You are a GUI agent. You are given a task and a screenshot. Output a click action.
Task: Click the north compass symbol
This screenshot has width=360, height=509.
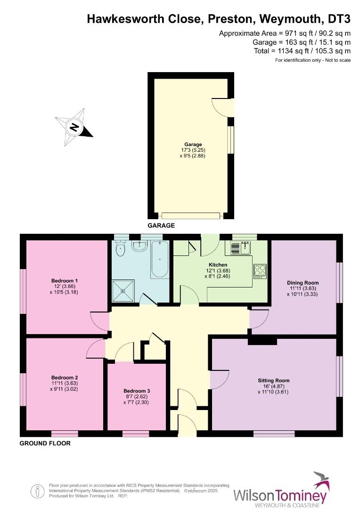pos(74,126)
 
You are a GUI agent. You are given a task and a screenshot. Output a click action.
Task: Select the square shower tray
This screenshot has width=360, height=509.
pos(123,290)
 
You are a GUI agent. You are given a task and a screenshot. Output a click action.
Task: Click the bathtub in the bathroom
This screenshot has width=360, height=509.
pos(159,259)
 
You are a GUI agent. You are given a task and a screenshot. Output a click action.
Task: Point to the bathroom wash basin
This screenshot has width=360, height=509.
pos(139,246)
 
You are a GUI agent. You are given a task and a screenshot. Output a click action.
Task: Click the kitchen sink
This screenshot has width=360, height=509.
pos(241,247)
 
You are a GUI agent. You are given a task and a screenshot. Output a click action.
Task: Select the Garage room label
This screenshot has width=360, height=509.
pos(193,144)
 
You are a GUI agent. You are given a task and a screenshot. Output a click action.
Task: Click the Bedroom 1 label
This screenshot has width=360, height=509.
pos(65,281)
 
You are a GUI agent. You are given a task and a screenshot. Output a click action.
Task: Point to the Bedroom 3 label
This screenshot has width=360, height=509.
pos(137,391)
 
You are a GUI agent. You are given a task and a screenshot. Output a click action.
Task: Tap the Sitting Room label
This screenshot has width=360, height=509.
pos(273,380)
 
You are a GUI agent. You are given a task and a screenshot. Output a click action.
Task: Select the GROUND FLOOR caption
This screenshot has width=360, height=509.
pos(45,443)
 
